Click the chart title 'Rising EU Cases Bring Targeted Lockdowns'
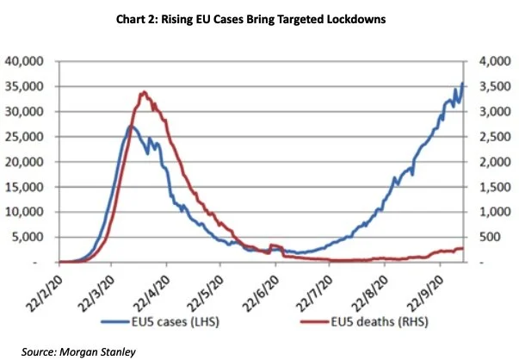(x=274, y=19)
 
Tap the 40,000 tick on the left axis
(x=24, y=61)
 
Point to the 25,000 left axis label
(x=24, y=136)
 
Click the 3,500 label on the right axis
(x=495, y=86)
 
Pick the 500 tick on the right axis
(x=491, y=237)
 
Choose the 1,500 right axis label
(x=495, y=187)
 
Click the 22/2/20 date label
(x=44, y=293)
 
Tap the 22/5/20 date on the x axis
(x=205, y=293)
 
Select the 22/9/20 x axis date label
(x=425, y=293)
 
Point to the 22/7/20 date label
(x=314, y=293)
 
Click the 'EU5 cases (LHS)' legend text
(x=175, y=321)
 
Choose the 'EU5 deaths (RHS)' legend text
(x=380, y=321)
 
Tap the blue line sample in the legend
(x=114, y=321)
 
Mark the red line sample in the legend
(x=314, y=321)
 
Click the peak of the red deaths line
(x=144, y=92)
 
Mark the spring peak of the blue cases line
(x=131, y=127)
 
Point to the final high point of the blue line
(x=462, y=83)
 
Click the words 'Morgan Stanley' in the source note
(x=97, y=351)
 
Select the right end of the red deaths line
(x=463, y=248)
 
